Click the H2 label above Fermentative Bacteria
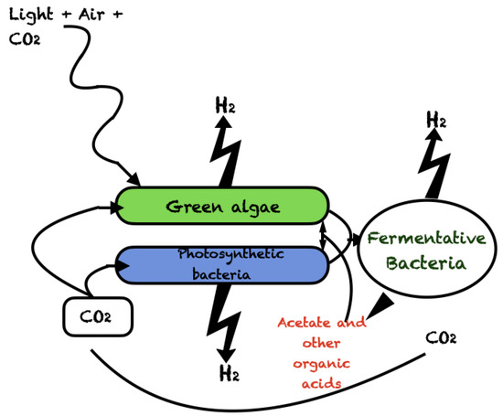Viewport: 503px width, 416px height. (437, 120)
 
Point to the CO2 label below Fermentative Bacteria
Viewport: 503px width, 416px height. (442, 338)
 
